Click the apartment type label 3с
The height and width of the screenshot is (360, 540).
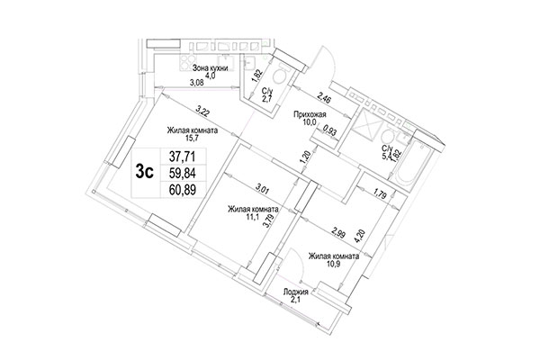pyautogui.click(x=143, y=172)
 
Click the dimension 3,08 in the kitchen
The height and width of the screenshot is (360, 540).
pyautogui.click(x=196, y=84)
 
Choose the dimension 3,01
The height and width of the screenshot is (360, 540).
pyautogui.click(x=264, y=189)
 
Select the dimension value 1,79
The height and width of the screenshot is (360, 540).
pyautogui.click(x=382, y=193)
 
